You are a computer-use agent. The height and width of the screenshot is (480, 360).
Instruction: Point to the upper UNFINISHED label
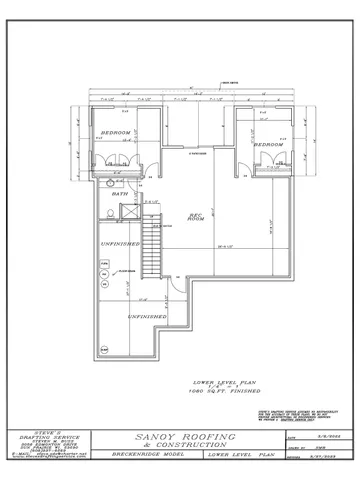(x=118, y=244)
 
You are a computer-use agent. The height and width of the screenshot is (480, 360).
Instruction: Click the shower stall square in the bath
(x=127, y=211)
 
